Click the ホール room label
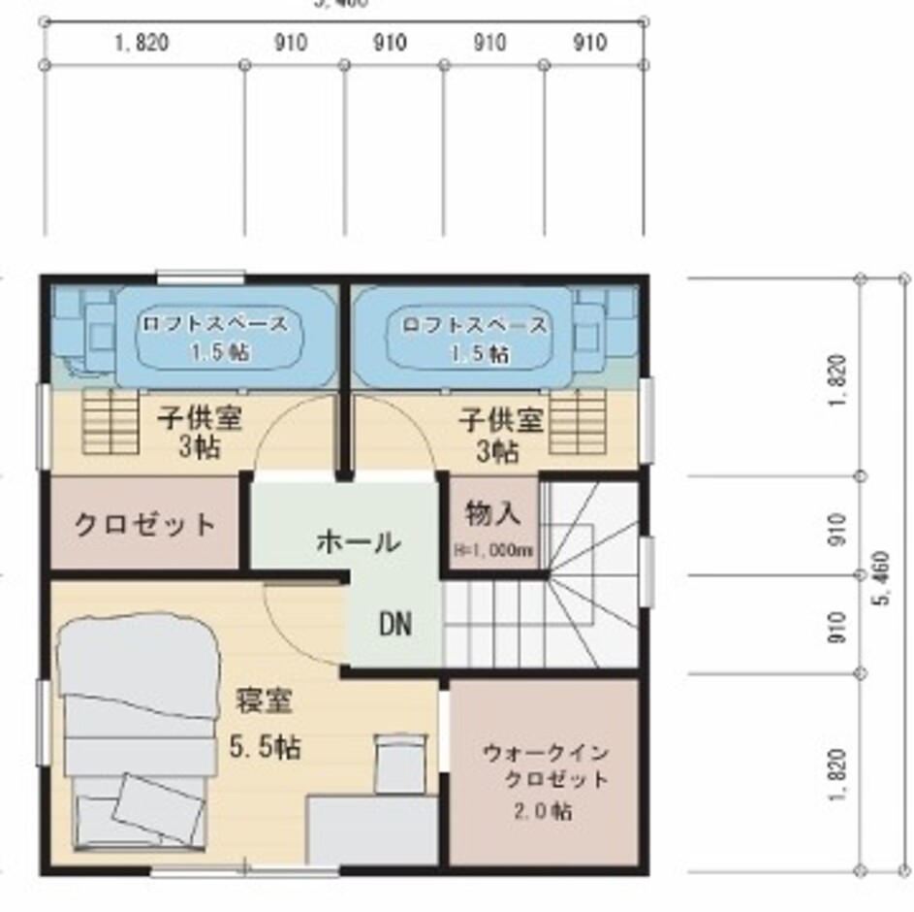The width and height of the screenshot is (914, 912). (x=358, y=541)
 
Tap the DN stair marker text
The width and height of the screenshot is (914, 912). (x=394, y=624)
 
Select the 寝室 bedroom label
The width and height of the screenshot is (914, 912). (x=264, y=700)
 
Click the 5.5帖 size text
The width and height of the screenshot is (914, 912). (x=264, y=746)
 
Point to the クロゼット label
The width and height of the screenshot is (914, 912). (x=144, y=525)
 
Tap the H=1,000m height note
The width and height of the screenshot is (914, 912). (x=493, y=550)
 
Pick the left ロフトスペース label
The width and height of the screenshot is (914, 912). (x=214, y=324)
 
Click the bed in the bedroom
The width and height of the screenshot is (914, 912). (x=136, y=728)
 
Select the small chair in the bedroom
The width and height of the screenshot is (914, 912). (x=400, y=763)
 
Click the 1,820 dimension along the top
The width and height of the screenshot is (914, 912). (x=142, y=43)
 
